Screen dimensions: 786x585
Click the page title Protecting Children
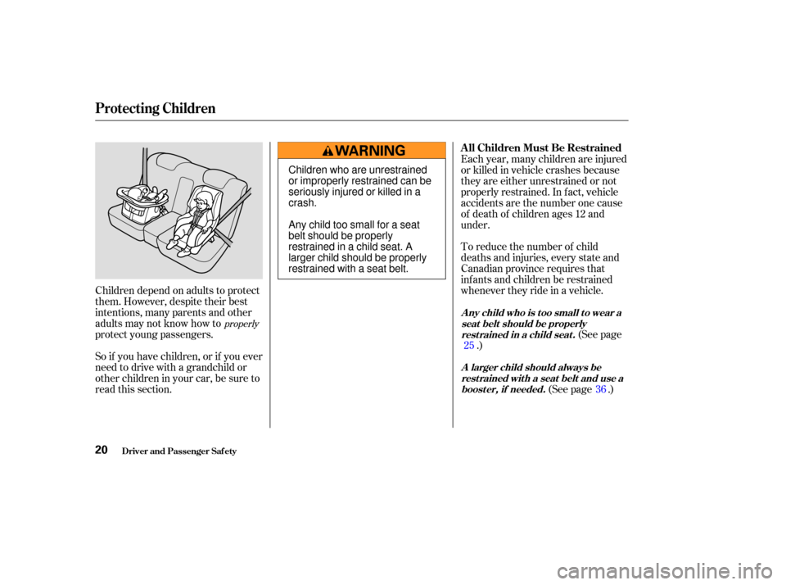pyautogui.click(x=155, y=108)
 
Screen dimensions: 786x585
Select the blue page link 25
pyautogui.click(x=469, y=345)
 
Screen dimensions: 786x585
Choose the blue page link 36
pyautogui.click(x=600, y=389)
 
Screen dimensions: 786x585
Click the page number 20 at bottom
pyautogui.click(x=102, y=450)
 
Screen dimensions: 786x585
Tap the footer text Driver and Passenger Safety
pyautogui.click(x=179, y=451)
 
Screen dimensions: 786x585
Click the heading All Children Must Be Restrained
pyautogui.click(x=541, y=147)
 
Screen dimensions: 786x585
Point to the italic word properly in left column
pyautogui.click(x=242, y=324)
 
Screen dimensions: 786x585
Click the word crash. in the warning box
pyautogui.click(x=303, y=203)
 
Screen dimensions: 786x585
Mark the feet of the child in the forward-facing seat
pyautogui.click(x=178, y=246)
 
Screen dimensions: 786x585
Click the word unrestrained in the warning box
pyautogui.click(x=398, y=170)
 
